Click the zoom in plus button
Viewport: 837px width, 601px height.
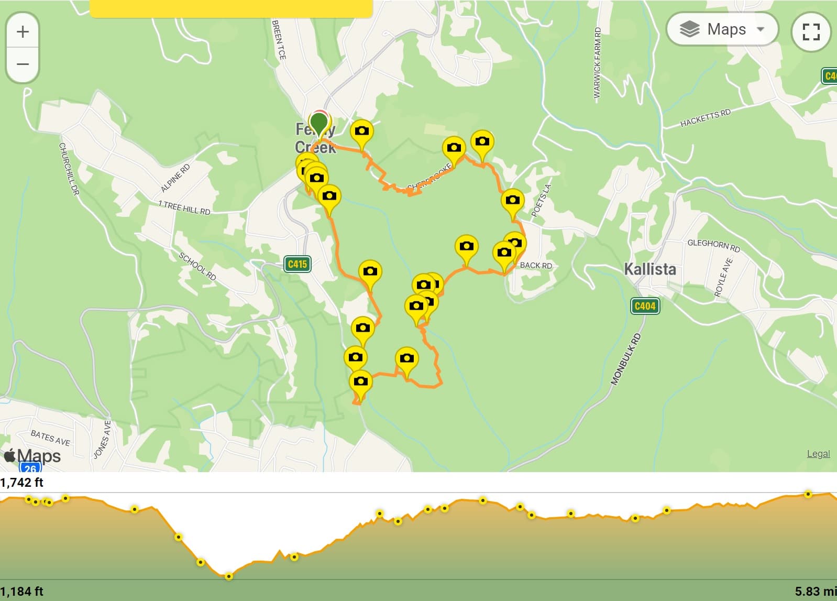[23, 31]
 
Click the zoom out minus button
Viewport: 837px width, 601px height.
[23, 64]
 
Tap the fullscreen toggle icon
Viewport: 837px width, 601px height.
[811, 31]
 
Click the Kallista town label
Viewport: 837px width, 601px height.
[649, 269]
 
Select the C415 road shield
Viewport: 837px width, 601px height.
[298, 264]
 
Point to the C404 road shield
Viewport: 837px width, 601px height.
[645, 306]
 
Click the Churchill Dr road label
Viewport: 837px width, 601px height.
[69, 169]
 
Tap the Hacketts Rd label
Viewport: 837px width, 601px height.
[705, 118]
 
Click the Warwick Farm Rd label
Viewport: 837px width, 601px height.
[597, 63]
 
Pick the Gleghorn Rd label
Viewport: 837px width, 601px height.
[713, 245]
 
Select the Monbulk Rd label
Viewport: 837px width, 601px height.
[625, 359]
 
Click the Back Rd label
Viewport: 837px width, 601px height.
[535, 266]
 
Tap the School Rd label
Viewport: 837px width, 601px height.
[197, 266]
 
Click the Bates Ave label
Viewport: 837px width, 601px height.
[50, 438]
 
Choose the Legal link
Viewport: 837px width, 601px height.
[818, 454]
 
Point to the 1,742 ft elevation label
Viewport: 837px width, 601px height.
[21, 483]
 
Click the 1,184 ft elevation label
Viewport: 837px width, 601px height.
[21, 592]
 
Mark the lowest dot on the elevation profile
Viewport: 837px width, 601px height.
[229, 576]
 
